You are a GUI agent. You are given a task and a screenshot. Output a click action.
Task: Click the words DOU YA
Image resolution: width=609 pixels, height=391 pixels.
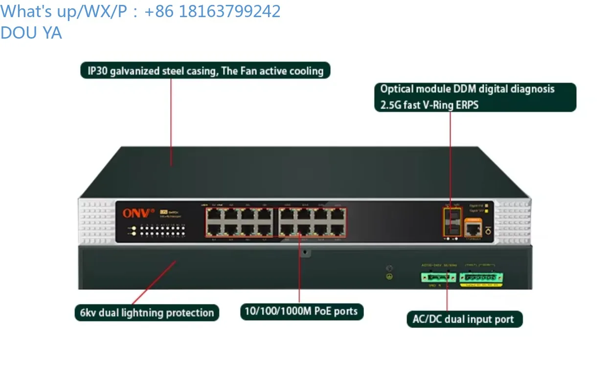click(31, 33)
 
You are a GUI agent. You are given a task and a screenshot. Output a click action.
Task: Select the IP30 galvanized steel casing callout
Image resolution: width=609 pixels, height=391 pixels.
click(205, 71)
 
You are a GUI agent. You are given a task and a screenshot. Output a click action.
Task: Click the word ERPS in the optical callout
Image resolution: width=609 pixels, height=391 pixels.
click(467, 105)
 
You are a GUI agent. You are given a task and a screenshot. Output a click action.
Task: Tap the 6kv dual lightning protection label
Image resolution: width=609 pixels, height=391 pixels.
click(147, 313)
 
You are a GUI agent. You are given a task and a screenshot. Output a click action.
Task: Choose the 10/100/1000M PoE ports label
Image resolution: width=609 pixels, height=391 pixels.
click(301, 311)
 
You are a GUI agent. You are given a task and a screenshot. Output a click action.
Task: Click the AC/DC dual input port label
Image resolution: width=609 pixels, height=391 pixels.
click(464, 320)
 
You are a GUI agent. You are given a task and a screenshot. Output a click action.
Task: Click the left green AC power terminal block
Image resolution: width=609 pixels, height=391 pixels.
click(437, 277)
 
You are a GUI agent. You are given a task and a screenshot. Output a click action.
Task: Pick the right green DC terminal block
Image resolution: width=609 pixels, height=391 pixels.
click(481, 277)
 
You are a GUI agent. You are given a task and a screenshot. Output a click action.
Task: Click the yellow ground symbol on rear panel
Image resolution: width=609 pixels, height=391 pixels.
click(390, 277)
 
